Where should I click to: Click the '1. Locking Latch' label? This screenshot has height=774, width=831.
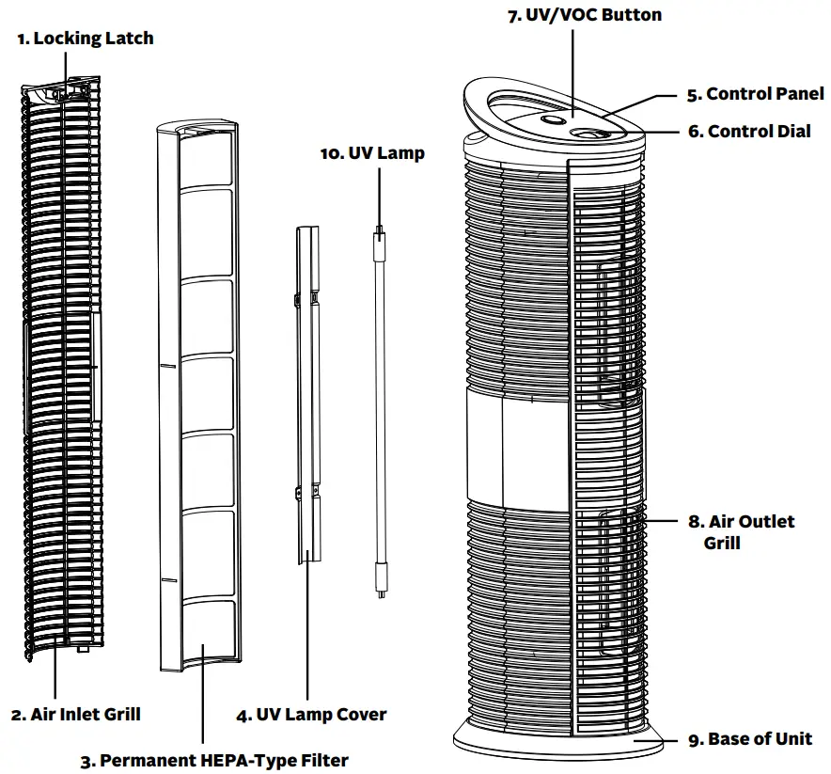tap(86, 39)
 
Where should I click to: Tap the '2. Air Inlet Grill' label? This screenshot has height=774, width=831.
tap(76, 715)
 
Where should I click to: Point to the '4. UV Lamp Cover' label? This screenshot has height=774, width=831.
tap(311, 715)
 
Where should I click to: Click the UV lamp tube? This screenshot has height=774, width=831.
tap(380, 404)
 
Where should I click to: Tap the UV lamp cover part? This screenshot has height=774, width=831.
tap(306, 395)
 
